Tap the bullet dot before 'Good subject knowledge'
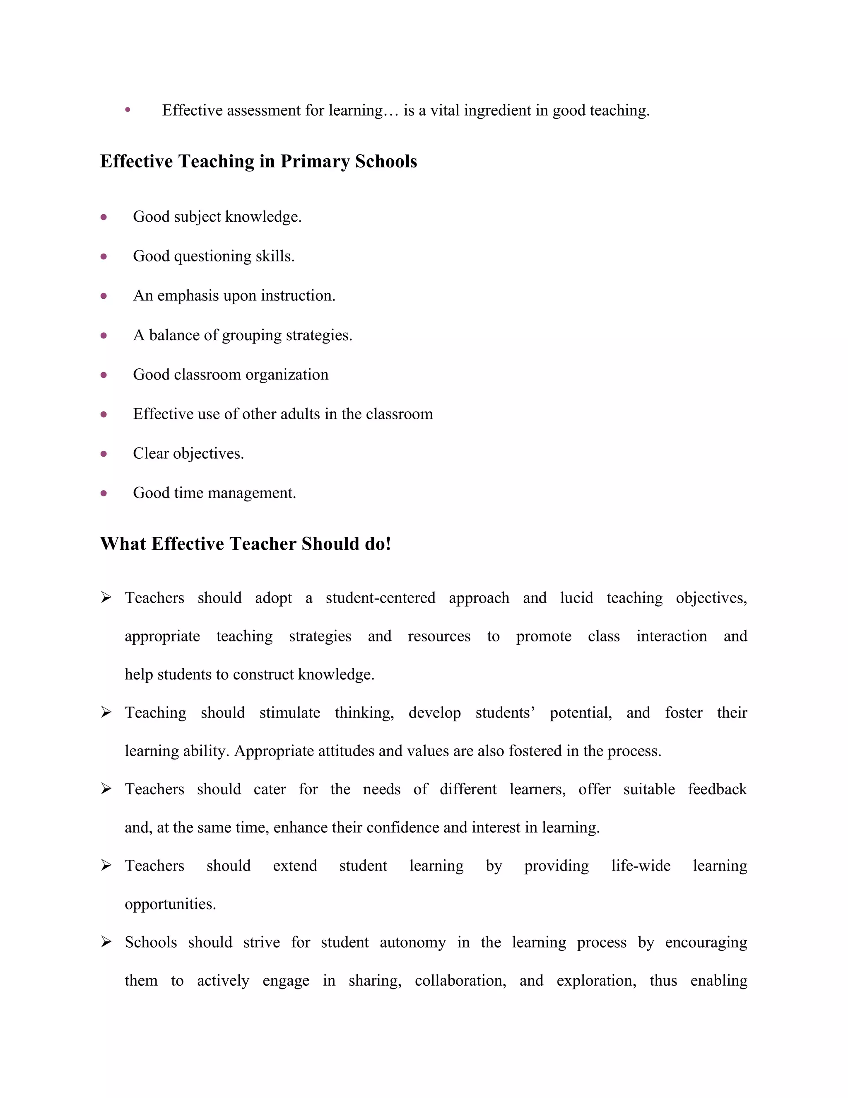point(104,217)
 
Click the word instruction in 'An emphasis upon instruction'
point(297,295)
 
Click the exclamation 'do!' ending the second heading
point(378,544)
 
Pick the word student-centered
point(380,598)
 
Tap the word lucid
point(576,598)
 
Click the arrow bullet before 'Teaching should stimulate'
point(106,712)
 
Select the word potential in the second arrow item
point(580,713)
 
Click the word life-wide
point(641,866)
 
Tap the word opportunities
point(170,904)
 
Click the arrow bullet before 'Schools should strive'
point(106,942)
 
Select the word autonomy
point(412,943)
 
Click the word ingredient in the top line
point(506,111)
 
